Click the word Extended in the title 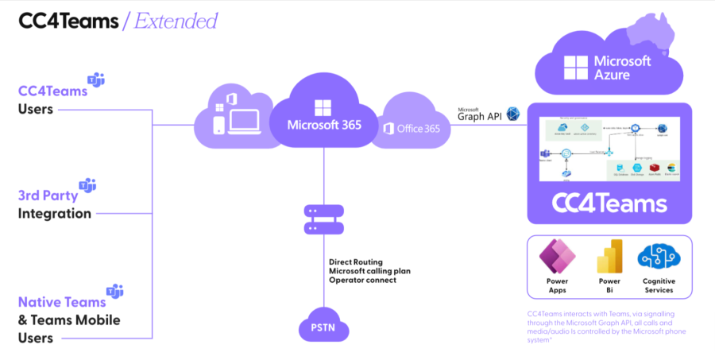pyautogui.click(x=176, y=21)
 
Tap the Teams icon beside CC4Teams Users pyautogui.click(x=96, y=80)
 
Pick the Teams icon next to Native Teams pyautogui.click(x=115, y=291)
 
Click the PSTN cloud pyautogui.click(x=323, y=328)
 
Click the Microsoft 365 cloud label pyautogui.click(x=323, y=125)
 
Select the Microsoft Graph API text pyautogui.click(x=480, y=114)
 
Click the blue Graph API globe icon pyautogui.click(x=513, y=114)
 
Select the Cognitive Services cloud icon pyautogui.click(x=658, y=257)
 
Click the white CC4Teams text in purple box pyautogui.click(x=609, y=203)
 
